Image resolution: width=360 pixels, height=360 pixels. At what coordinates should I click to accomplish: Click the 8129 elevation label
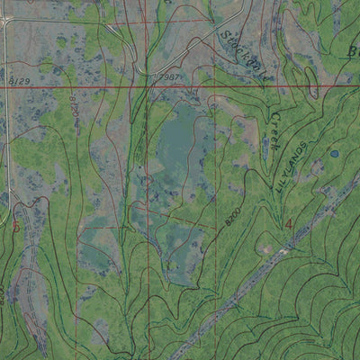(x=16, y=81)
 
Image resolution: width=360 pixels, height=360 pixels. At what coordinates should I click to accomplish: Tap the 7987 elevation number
(x=168, y=77)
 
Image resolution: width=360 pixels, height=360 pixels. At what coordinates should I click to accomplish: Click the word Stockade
(x=235, y=44)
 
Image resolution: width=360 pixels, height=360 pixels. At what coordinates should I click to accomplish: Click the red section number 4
(x=288, y=222)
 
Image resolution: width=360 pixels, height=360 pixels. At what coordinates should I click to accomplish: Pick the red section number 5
(x=15, y=225)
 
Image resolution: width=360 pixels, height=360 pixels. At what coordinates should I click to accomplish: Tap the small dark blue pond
(x=334, y=154)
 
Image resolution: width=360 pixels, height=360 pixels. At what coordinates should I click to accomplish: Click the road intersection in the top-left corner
(x=6, y=20)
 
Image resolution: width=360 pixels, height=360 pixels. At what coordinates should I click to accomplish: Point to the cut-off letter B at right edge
(x=353, y=51)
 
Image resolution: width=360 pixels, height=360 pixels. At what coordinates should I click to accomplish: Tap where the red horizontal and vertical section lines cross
(x=214, y=86)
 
